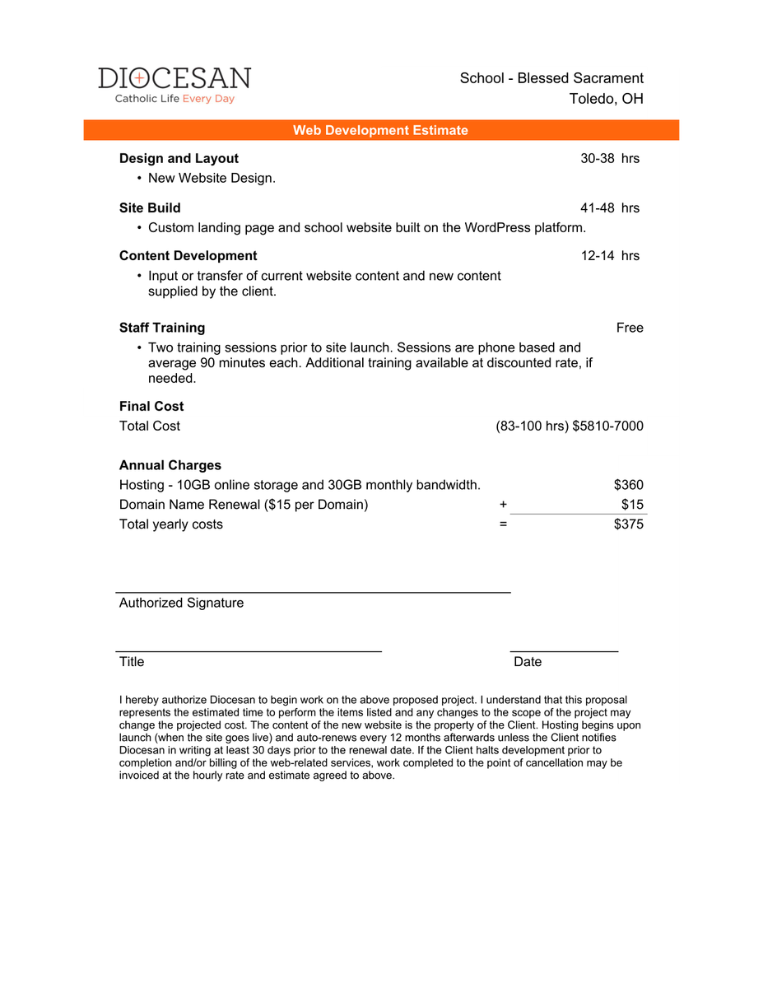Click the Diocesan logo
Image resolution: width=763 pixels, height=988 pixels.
[x=174, y=85]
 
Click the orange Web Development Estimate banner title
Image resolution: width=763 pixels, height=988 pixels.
[x=380, y=130]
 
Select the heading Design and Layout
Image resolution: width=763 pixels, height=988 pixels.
[x=179, y=159]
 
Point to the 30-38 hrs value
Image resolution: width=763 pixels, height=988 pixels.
[x=609, y=159]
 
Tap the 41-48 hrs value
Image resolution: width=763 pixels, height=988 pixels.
[x=609, y=208]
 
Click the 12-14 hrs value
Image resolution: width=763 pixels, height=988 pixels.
[x=609, y=256]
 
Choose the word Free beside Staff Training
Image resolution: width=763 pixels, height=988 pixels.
[x=630, y=328]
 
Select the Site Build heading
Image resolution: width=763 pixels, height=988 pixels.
[x=150, y=208]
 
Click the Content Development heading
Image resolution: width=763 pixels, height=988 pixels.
[x=188, y=256]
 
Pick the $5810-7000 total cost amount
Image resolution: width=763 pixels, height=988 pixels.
[x=607, y=426]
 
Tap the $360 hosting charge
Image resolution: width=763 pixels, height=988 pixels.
[x=629, y=485]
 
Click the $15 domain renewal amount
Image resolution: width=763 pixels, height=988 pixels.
[x=632, y=505]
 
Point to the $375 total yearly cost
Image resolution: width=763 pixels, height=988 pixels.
[x=629, y=524]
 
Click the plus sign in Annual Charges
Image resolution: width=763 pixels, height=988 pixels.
[x=503, y=505]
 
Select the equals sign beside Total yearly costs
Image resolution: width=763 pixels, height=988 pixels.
[x=503, y=524]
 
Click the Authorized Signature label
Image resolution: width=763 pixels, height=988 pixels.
[x=181, y=604]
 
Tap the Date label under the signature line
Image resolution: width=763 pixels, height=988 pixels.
[x=528, y=662]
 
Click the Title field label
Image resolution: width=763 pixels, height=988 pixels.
[x=132, y=662]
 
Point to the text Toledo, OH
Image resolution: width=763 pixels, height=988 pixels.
[x=606, y=99]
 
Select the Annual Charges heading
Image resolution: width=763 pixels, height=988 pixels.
[x=170, y=465]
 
